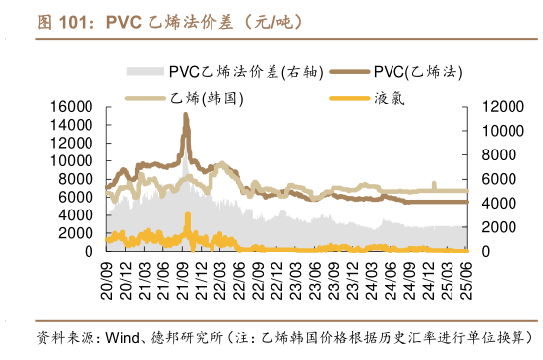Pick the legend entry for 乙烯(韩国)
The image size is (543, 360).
188,98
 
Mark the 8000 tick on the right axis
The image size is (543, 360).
494,154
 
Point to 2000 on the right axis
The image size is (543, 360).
494,227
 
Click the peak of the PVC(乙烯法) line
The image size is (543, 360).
186,115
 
